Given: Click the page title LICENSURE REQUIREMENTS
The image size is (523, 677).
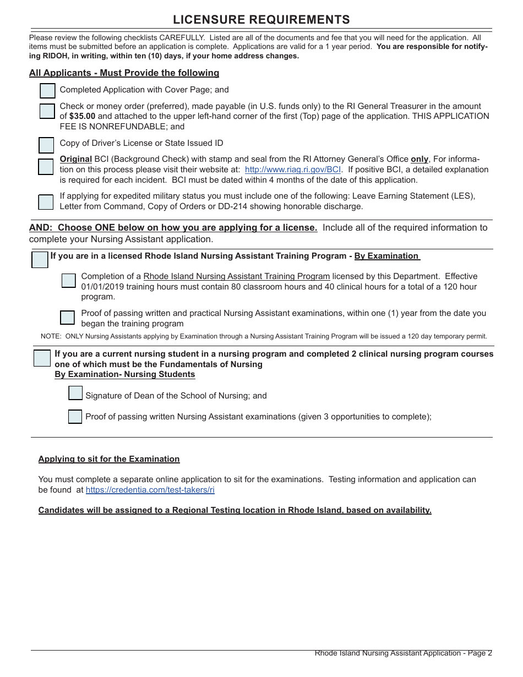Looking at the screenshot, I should (261, 20).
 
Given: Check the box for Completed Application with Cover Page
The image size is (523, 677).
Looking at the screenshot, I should (48, 91).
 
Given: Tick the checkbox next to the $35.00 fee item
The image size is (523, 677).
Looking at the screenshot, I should (47, 111).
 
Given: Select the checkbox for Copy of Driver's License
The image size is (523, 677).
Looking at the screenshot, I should (46, 145).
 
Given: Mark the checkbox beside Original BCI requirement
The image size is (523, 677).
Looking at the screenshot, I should (46, 167).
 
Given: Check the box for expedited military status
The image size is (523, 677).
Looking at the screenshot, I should (46, 202).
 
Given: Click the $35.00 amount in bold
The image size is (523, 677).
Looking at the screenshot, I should (82, 116).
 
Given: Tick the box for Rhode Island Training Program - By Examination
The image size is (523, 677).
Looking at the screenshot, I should (40, 260).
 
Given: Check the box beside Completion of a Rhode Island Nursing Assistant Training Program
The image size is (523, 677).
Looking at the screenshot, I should (69, 281).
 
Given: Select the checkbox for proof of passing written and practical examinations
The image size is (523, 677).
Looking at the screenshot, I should (67, 318).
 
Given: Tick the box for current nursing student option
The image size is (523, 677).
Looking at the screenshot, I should (42, 358).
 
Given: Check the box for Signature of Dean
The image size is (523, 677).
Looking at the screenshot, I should (75, 393).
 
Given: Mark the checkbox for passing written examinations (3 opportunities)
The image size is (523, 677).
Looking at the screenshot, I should (75, 417).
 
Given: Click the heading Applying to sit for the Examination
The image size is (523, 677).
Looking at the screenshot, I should (109, 459).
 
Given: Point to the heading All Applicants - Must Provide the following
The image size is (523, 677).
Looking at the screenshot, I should (124, 73).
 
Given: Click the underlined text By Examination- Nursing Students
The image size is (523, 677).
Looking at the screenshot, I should (124, 374).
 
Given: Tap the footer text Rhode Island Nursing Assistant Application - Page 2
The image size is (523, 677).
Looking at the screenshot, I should (403, 653).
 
